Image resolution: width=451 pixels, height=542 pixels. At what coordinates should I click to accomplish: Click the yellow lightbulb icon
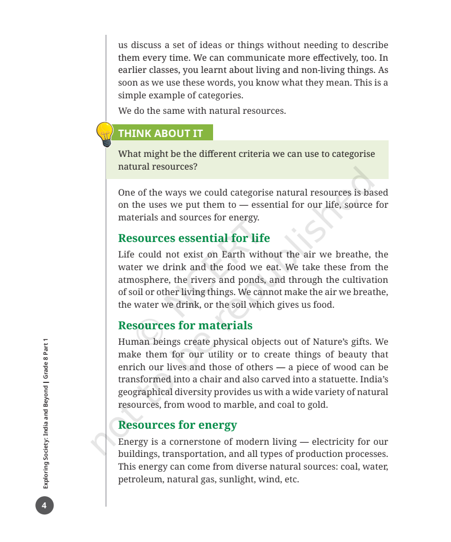click(x=104, y=134)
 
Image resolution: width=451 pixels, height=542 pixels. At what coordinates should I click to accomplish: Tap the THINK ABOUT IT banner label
click(x=160, y=133)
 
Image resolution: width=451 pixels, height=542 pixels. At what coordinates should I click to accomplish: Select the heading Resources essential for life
click(x=194, y=238)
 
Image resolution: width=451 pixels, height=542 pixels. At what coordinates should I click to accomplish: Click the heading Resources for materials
click(x=185, y=325)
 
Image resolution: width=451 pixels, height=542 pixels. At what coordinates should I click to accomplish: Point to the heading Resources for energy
click(x=177, y=425)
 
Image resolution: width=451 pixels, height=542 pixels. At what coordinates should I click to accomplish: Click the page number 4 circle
click(x=45, y=505)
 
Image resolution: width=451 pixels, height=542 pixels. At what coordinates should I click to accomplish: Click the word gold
click(x=316, y=405)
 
